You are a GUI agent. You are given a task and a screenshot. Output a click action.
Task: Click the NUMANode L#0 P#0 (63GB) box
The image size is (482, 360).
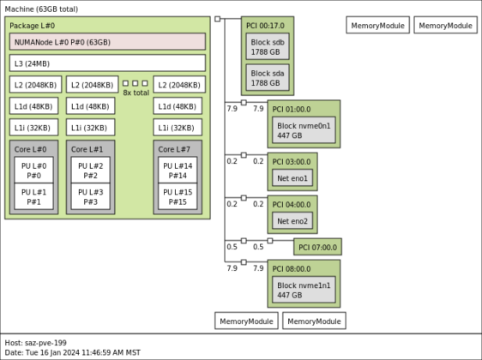tap(107, 41)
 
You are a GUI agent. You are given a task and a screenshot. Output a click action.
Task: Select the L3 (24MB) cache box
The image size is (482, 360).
tap(107, 63)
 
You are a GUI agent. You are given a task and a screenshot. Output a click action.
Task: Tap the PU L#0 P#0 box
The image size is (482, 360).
tap(34, 169)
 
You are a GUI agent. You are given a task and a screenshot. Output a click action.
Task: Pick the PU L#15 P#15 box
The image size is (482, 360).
tap(178, 197)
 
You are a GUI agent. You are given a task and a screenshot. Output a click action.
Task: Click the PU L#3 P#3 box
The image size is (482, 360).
tap(90, 197)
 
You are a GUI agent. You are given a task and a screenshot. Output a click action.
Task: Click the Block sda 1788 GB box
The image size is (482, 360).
tap(267, 78)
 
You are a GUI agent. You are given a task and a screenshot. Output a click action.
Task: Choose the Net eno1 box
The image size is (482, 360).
tap(292, 178)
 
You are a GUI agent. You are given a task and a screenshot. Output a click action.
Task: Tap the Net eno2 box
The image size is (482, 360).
tap(292, 221)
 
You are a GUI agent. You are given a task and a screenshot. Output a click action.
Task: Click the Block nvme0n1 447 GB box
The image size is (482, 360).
tap(304, 130)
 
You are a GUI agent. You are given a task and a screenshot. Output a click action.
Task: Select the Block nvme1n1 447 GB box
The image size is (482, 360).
tap(304, 290)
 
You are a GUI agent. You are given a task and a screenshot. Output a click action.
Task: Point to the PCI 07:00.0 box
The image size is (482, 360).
tap(317, 247)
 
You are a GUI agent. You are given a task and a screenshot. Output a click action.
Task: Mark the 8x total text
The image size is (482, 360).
tap(136, 93)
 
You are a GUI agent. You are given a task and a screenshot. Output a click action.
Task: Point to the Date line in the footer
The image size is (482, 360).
tap(72, 352)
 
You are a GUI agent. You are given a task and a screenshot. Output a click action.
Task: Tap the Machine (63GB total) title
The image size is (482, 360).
tap(41, 8)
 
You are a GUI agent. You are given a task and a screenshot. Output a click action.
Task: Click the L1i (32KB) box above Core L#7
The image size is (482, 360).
tap(178, 128)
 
